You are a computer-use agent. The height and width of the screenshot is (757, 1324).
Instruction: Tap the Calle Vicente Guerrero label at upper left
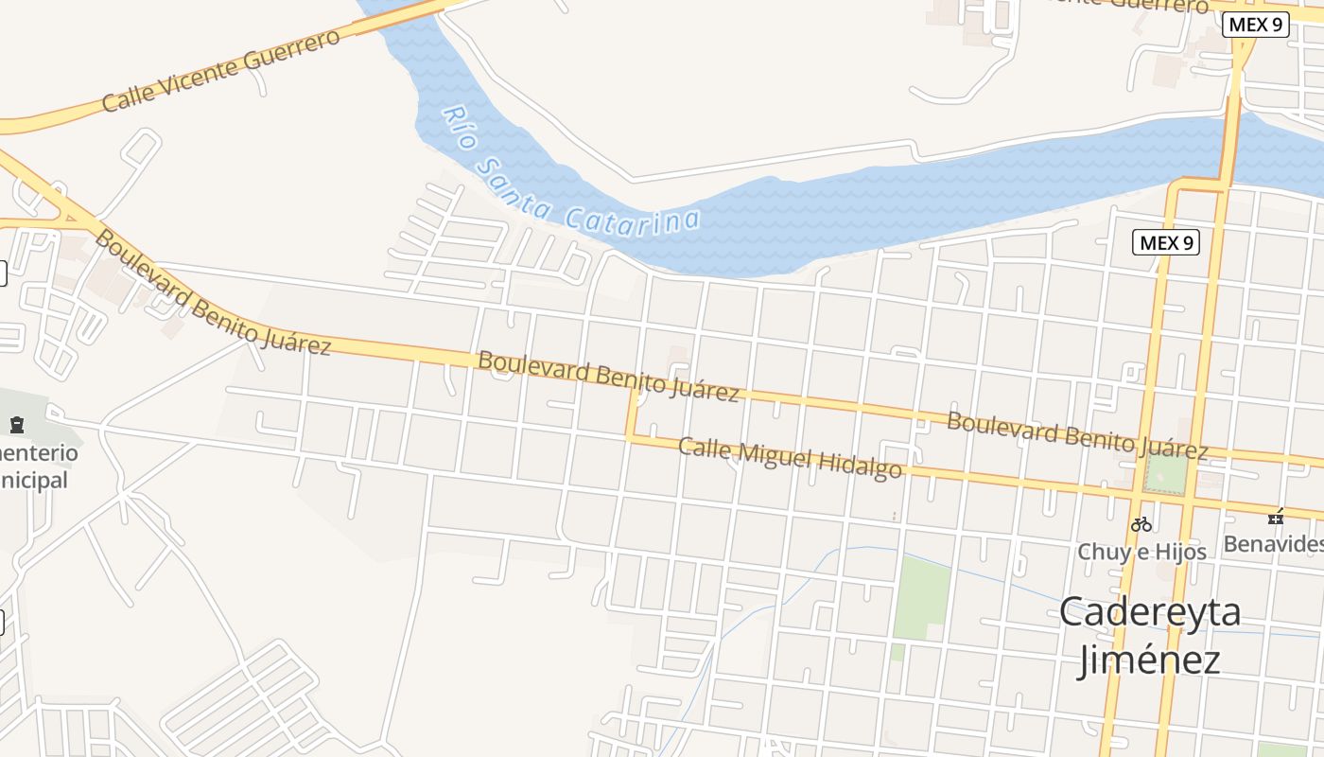tap(219, 70)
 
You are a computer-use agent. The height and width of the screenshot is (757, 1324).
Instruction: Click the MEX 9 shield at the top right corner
tap(1256, 25)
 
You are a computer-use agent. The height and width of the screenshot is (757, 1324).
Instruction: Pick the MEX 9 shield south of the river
tap(1166, 242)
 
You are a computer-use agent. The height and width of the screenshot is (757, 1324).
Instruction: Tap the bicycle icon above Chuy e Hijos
tap(1142, 523)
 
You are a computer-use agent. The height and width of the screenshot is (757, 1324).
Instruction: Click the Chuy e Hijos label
tap(1142, 551)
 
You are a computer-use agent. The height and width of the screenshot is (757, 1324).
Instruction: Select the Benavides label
tap(1271, 544)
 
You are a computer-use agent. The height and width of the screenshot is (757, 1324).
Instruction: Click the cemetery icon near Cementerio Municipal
tap(17, 425)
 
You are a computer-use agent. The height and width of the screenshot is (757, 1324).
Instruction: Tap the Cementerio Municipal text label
tap(38, 466)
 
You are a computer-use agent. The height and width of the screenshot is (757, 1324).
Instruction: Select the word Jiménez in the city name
tap(1149, 659)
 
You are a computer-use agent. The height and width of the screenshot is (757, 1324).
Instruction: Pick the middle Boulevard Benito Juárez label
tap(608, 376)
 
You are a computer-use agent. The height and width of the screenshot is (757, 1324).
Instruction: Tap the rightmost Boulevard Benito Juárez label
tap(1077, 435)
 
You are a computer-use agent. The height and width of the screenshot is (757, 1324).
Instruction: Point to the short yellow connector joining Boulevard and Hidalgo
tap(630, 414)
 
